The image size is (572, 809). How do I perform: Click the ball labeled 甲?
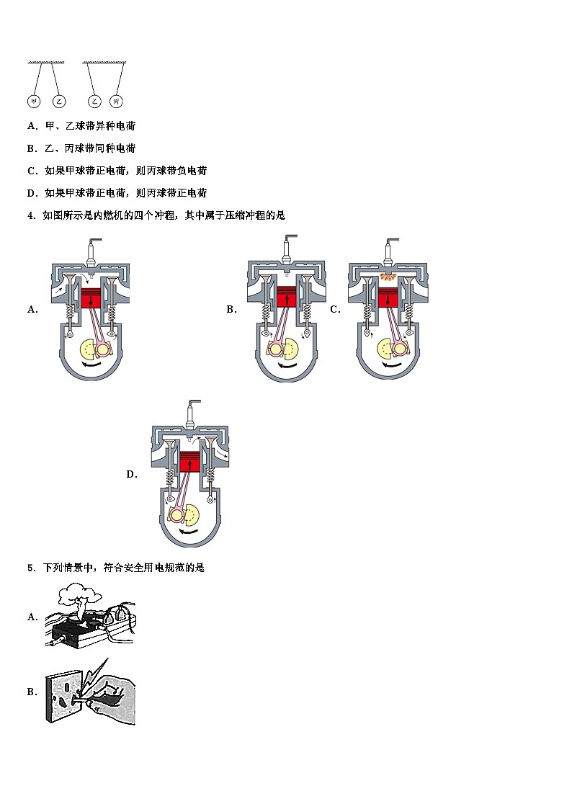pyautogui.click(x=33, y=102)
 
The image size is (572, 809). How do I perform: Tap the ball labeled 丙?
pyautogui.click(x=116, y=102)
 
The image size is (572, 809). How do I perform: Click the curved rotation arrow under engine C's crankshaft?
pyautogui.click(x=390, y=367)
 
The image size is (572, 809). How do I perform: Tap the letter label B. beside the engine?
pyautogui.click(x=231, y=310)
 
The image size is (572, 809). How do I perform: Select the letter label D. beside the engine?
pyautogui.click(x=132, y=474)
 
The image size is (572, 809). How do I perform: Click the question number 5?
pyautogui.click(x=31, y=568)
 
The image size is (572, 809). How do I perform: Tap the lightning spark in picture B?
pyautogui.click(x=95, y=674)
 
